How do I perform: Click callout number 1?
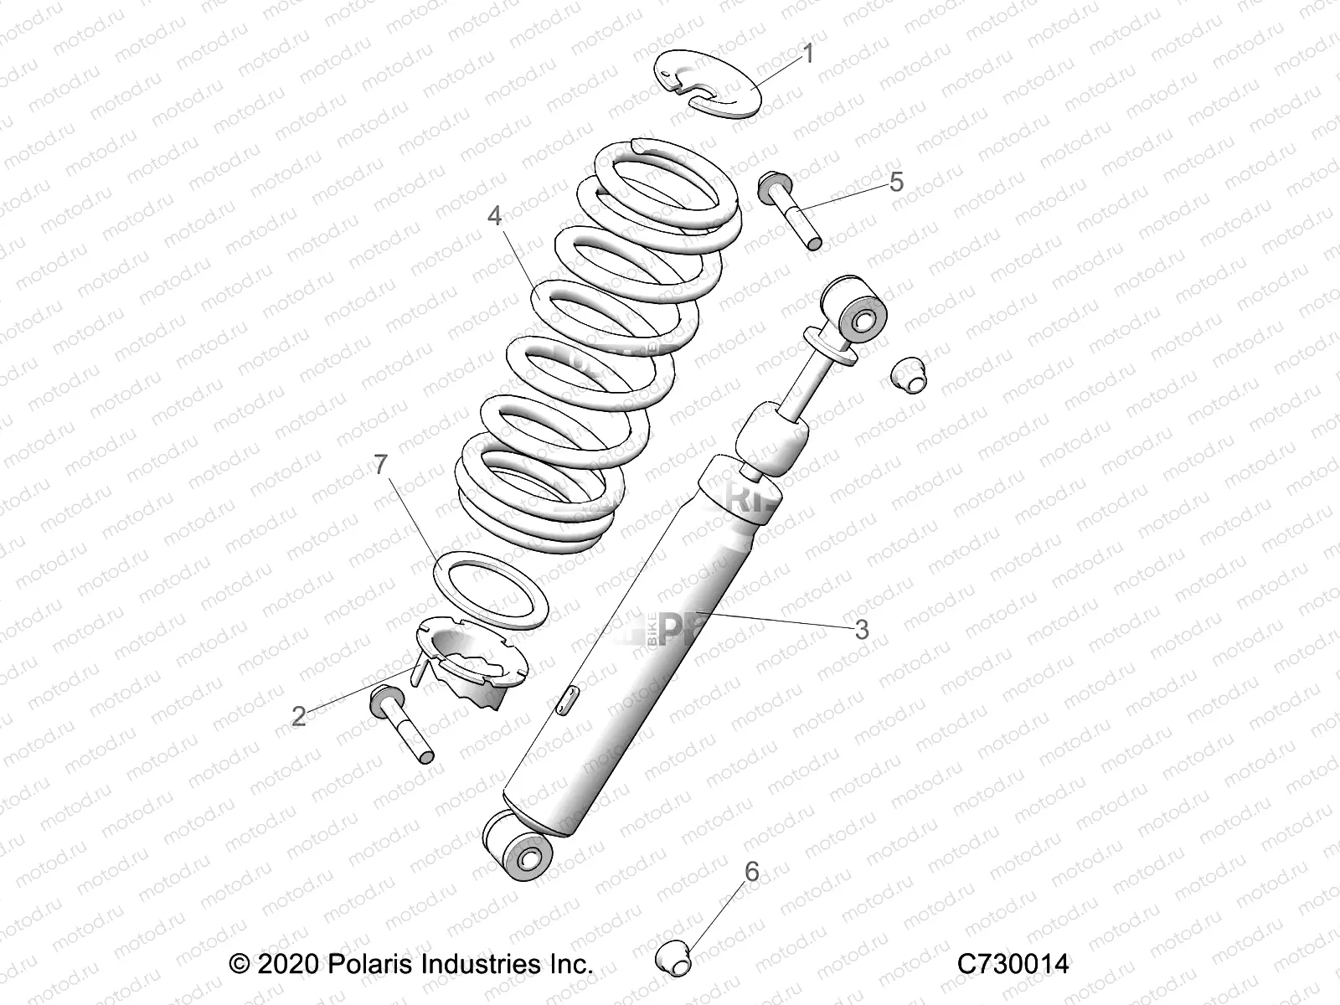click(807, 54)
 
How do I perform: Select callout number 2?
click(299, 716)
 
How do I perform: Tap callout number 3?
click(861, 629)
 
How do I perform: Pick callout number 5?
click(896, 182)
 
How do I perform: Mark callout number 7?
click(382, 465)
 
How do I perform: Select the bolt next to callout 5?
click(791, 210)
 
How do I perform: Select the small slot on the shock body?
click(564, 698)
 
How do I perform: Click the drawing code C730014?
click(1013, 964)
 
